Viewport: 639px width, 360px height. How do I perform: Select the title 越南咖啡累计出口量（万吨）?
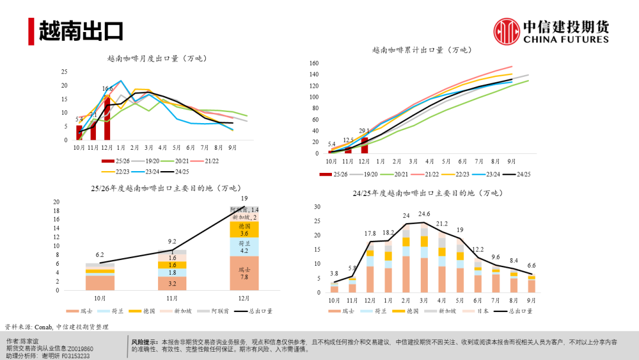(420, 50)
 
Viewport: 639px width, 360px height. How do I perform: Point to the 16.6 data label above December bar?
(107, 89)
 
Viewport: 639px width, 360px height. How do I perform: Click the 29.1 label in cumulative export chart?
(364, 131)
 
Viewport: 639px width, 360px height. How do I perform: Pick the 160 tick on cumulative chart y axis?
(314, 63)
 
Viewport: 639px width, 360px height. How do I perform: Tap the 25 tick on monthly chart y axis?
(64, 72)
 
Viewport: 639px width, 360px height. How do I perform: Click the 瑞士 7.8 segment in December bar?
(244, 274)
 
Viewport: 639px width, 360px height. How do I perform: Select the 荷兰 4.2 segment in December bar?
(244, 247)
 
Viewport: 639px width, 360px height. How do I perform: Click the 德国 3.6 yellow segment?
(244, 230)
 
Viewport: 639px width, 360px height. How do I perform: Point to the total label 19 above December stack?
(244, 198)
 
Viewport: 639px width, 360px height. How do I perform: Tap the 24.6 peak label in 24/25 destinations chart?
(424, 214)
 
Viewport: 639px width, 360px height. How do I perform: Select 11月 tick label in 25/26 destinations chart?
(172, 298)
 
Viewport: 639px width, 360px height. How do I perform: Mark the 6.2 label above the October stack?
(99, 254)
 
